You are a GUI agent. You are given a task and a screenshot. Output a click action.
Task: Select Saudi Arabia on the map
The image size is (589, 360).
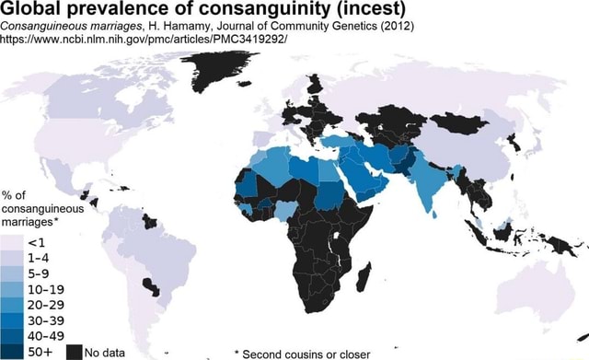[363, 180]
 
